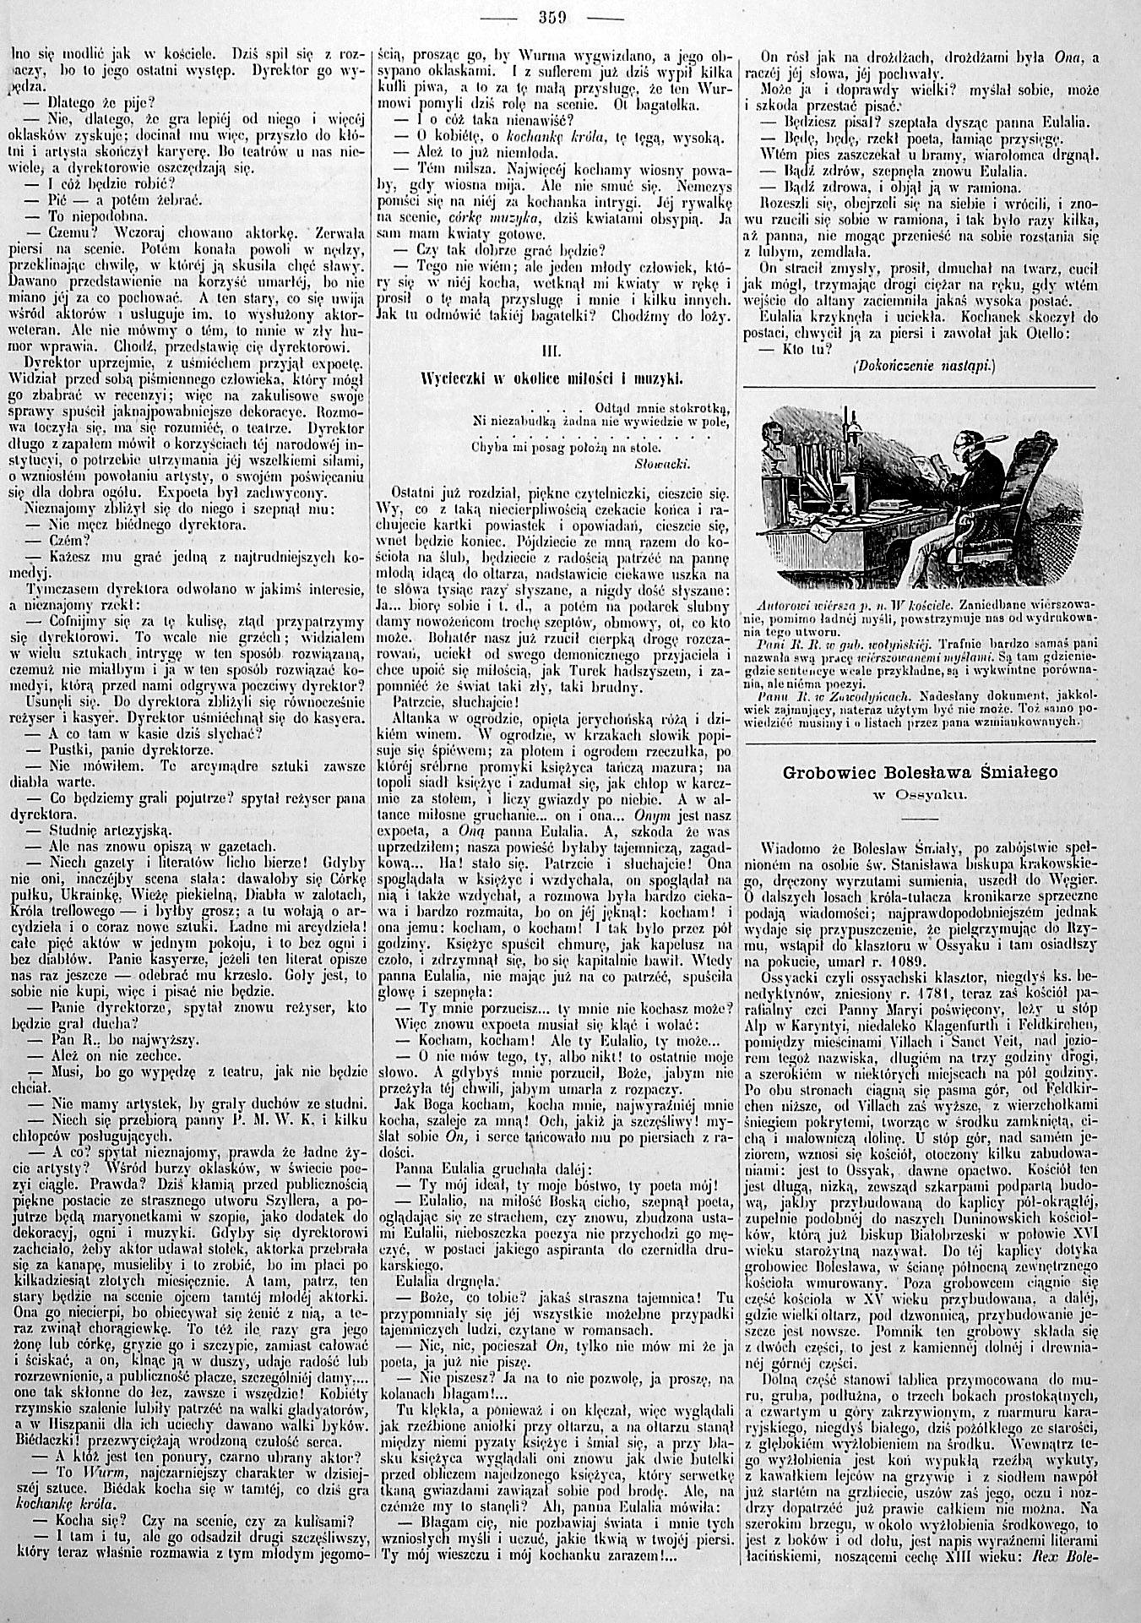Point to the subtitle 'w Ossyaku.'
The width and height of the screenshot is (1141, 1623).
click(921, 794)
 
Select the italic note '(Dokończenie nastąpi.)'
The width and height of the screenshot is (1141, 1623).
click(926, 366)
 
